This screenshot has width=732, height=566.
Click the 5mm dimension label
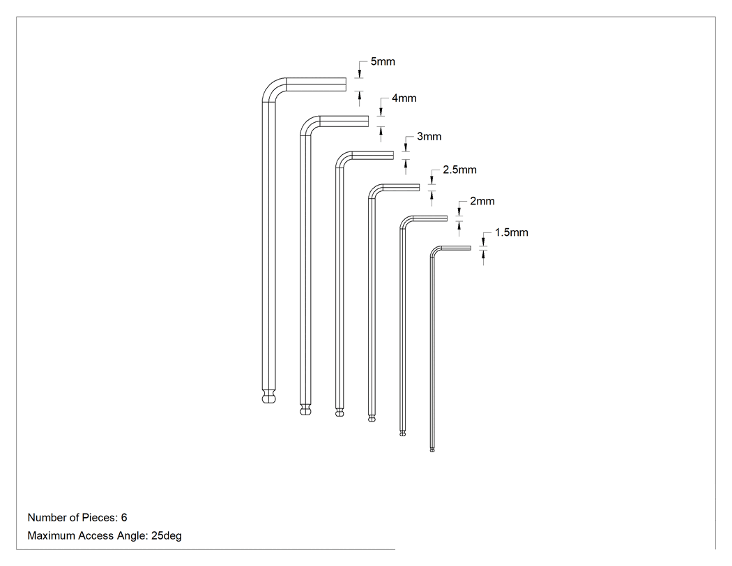click(383, 61)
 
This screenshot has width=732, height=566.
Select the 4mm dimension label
click(404, 98)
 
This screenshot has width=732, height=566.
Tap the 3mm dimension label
click(429, 137)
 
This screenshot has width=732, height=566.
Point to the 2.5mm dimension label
click(460, 170)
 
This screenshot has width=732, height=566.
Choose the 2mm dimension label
click(482, 201)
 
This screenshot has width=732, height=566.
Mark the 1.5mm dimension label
click(512, 232)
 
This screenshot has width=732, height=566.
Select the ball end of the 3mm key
click(340, 412)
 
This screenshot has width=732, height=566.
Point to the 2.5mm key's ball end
click(372, 418)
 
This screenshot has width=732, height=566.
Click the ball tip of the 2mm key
click(403, 433)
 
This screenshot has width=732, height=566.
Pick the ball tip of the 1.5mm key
click(432, 449)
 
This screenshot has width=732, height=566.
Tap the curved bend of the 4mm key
click(307, 124)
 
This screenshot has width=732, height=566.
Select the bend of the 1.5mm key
click(434, 250)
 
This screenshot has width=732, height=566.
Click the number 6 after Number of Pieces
click(124, 518)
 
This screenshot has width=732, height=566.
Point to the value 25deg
click(166, 536)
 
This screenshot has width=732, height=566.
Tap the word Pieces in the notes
click(100, 518)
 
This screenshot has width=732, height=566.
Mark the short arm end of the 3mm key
click(393, 155)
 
